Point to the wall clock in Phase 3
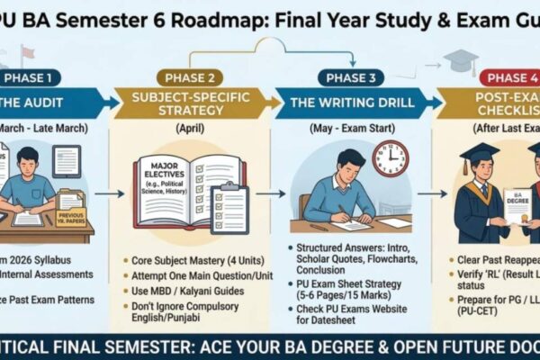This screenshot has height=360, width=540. click(x=390, y=158)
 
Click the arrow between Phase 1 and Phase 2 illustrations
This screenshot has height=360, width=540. click(x=109, y=193)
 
